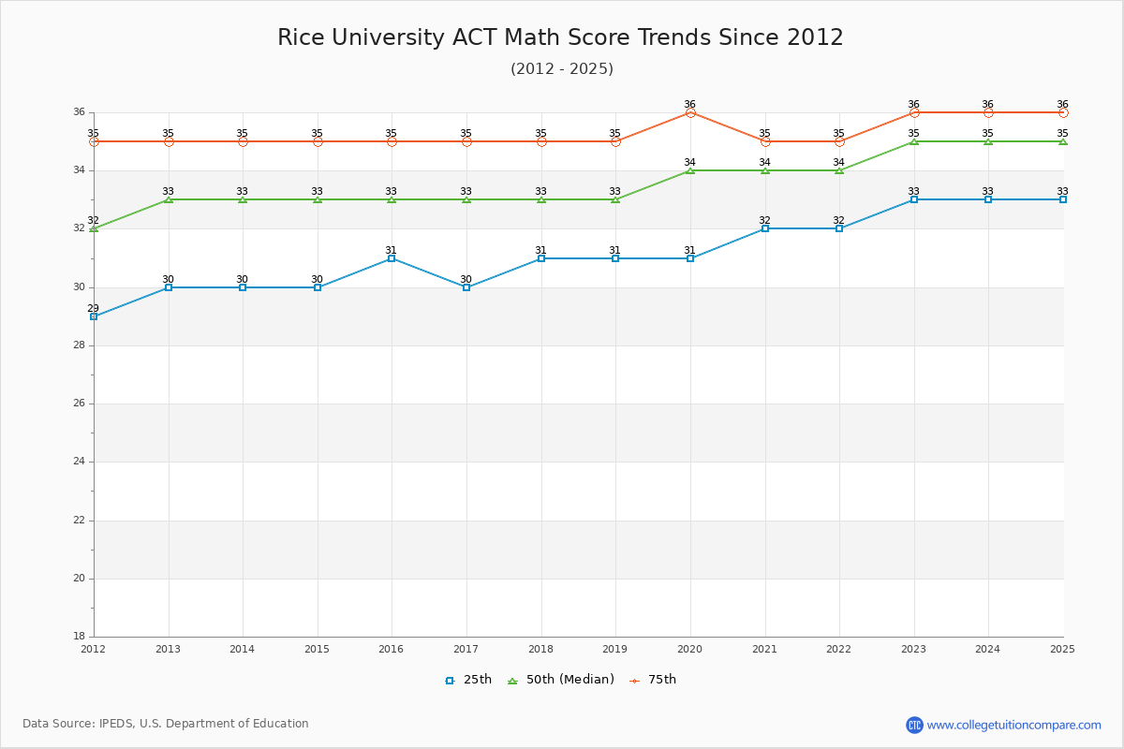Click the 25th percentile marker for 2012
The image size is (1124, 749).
(x=94, y=316)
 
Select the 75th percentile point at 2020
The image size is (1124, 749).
(x=690, y=112)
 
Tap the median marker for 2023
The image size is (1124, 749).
(x=914, y=141)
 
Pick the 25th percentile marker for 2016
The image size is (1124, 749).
(x=392, y=258)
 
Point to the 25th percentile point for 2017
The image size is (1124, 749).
(x=466, y=287)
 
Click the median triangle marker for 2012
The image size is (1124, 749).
(x=94, y=228)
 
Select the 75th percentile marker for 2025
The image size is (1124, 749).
(x=1063, y=112)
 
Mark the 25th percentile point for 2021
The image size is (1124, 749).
(x=765, y=228)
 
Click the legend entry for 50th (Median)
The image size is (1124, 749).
(x=560, y=680)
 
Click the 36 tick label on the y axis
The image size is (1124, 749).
(x=79, y=112)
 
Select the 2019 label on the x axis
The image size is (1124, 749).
(x=614, y=649)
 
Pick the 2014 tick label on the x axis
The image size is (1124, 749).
(x=242, y=649)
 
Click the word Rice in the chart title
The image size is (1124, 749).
(x=298, y=37)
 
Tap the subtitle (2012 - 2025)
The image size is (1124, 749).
(x=562, y=69)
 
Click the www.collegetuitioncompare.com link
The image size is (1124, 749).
(x=1013, y=725)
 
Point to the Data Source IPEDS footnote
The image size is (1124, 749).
(x=166, y=724)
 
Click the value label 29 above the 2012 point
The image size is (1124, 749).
(x=93, y=308)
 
